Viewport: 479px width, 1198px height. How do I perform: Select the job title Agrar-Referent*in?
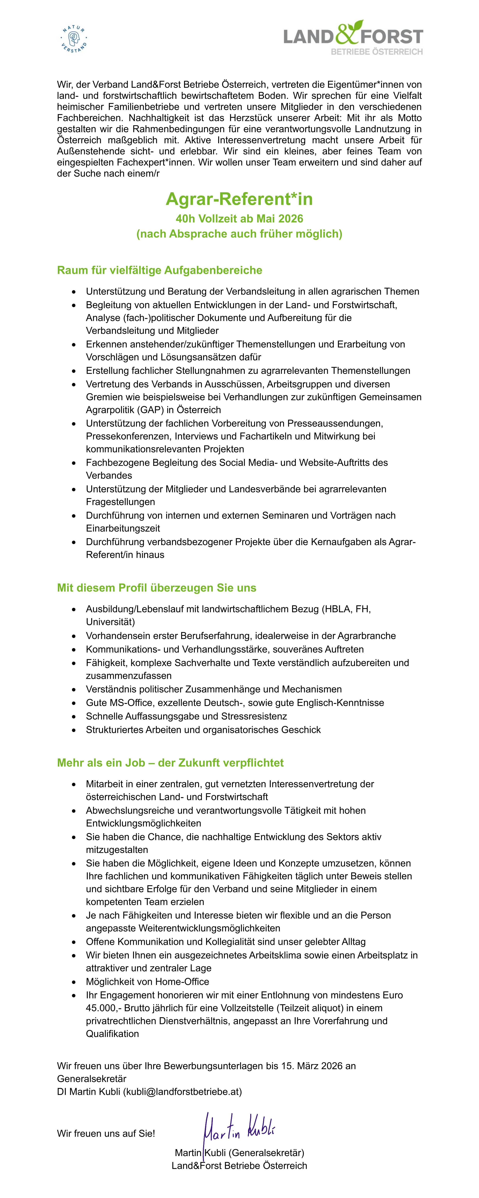[x=239, y=199]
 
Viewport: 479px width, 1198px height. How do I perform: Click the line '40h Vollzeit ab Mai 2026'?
[x=239, y=219]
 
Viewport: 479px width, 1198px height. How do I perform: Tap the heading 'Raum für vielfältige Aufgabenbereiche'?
[x=160, y=270]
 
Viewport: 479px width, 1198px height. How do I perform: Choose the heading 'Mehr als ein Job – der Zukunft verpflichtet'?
[x=170, y=763]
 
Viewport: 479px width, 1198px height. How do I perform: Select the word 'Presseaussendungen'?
[x=335, y=423]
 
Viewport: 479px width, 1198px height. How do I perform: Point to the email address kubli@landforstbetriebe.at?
[x=182, y=1092]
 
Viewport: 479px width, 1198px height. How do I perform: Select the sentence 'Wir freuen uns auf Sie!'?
[x=106, y=1133]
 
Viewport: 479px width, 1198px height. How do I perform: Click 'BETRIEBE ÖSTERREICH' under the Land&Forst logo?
[x=377, y=52]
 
